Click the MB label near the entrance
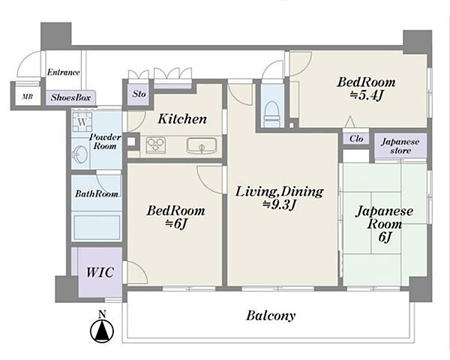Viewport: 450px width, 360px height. point(28,97)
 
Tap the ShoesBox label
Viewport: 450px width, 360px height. point(70,97)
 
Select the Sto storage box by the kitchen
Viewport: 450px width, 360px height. point(139,94)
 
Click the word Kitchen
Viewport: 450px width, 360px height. point(182,118)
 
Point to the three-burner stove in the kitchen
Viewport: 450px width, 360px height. point(156,145)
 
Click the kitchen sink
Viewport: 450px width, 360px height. point(202,145)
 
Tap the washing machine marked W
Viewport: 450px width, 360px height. point(82,121)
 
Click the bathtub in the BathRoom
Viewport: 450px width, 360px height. point(97,228)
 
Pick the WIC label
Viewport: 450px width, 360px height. point(100,272)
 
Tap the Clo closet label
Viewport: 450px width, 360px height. point(356,139)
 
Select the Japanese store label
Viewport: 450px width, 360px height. point(400,146)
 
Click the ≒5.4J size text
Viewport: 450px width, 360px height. point(367,96)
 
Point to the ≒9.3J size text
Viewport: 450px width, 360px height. point(279,205)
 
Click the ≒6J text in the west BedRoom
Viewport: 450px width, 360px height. point(176,224)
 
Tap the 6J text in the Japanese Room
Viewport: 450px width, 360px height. point(385,237)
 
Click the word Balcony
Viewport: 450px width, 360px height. point(271,316)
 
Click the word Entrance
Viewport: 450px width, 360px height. point(64,72)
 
